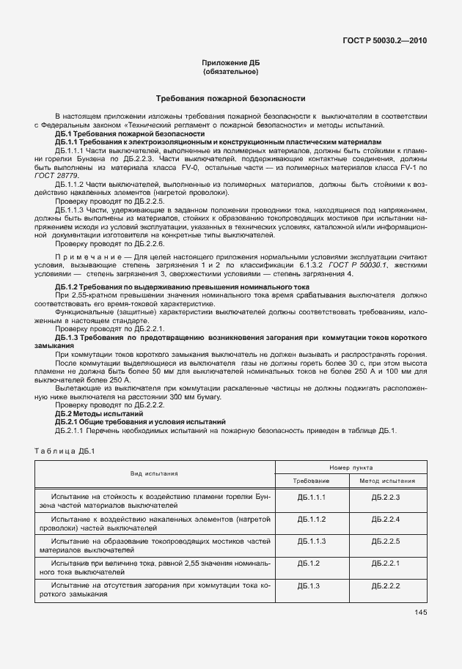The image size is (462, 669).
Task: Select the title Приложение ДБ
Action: [230, 64]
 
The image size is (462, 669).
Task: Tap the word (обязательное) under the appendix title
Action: [230, 72]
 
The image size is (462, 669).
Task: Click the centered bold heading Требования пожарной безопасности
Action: [230, 98]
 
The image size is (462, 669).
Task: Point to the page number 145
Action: [420, 613]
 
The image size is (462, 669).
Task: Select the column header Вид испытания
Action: [154, 473]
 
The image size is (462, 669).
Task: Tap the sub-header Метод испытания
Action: [386, 481]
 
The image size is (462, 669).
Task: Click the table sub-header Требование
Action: [311, 481]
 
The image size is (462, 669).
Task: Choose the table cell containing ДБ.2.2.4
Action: [386, 519]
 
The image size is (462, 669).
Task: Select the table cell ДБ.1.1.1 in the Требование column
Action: [311, 497]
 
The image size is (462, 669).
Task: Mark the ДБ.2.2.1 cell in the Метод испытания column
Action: [386, 563]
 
